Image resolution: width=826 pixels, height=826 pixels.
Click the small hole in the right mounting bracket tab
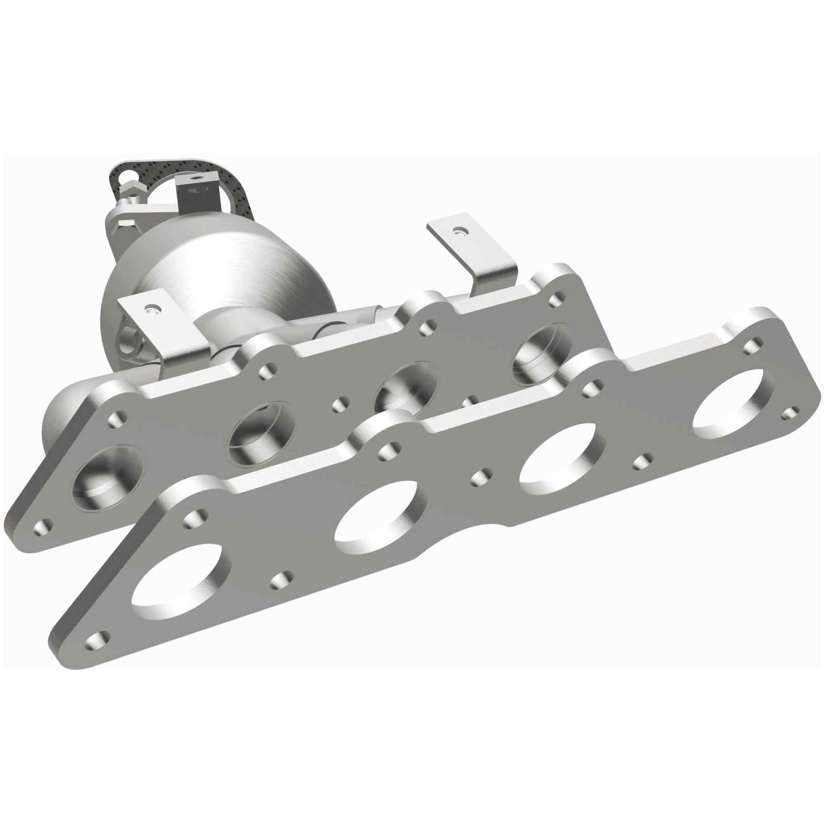[459, 232]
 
